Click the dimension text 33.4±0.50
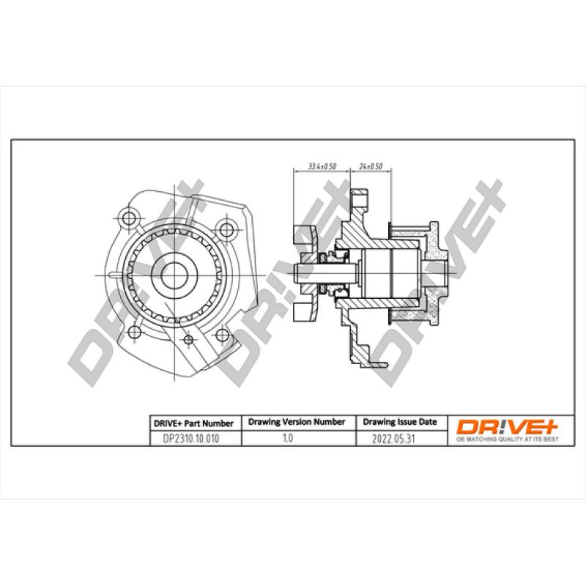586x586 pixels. click(322, 166)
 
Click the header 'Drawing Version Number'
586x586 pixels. click(296, 423)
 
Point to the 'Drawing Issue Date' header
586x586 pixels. click(400, 423)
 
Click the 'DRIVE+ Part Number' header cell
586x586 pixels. click(193, 423)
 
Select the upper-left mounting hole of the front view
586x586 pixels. click(130, 217)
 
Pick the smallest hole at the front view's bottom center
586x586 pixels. click(189, 338)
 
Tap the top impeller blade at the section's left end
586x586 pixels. click(302, 235)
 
